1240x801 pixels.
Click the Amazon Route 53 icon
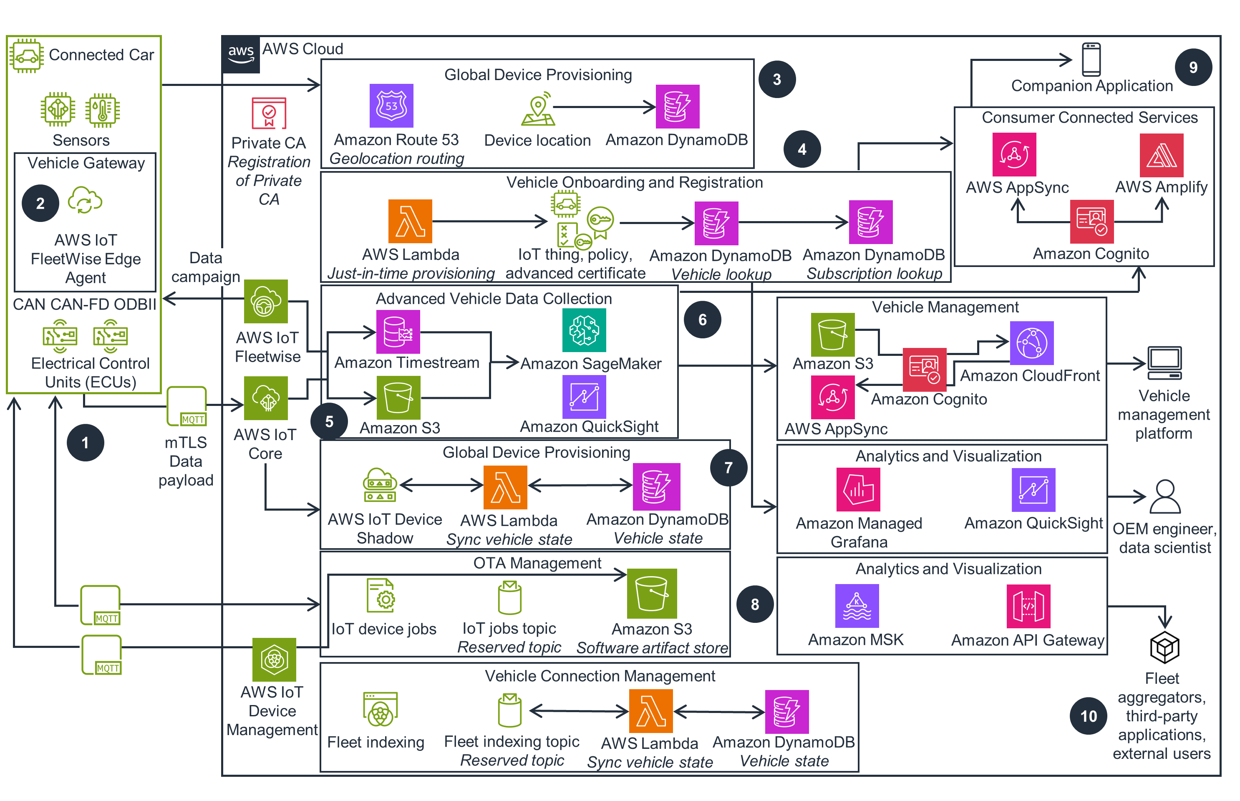pyautogui.click(x=391, y=106)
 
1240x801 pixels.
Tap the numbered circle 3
pyautogui.click(x=776, y=80)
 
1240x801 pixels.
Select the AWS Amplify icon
pyautogui.click(x=1161, y=155)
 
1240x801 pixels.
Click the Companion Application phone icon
pyautogui.click(x=1091, y=60)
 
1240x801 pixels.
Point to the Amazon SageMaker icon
pyautogui.click(x=584, y=330)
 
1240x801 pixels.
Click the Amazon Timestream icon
pyautogui.click(x=398, y=332)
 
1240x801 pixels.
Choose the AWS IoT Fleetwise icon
pyautogui.click(x=266, y=301)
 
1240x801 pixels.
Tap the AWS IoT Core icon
pyautogui.click(x=266, y=398)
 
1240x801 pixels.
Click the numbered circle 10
pyautogui.click(x=1088, y=716)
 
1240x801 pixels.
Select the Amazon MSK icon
pyautogui.click(x=856, y=605)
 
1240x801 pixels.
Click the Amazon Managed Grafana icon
pyautogui.click(x=858, y=489)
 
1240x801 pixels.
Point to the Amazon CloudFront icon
pyautogui.click(x=1031, y=343)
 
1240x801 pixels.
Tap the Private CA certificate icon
pyautogui.click(x=269, y=113)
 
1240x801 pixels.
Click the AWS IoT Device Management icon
pyautogui.click(x=274, y=660)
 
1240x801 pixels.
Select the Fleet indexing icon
pyautogui.click(x=380, y=709)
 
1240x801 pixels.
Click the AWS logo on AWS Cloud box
pyautogui.click(x=241, y=54)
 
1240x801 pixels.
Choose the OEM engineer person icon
pyautogui.click(x=1164, y=497)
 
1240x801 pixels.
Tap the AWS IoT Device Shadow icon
pyautogui.click(x=380, y=485)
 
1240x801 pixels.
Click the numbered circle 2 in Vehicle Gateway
pyautogui.click(x=40, y=203)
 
